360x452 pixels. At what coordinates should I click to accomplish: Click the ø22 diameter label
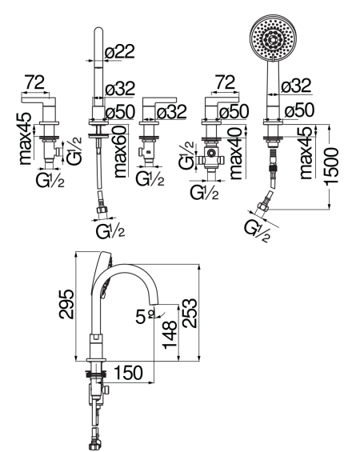coord(120,52)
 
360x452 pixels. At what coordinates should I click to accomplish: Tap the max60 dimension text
coord(120,152)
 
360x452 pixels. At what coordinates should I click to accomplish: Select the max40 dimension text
coord(237,154)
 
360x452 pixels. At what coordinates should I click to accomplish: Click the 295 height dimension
coord(66,304)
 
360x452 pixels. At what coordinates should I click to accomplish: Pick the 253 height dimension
coord(190,313)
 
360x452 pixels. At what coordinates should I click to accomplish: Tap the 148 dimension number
coord(170,334)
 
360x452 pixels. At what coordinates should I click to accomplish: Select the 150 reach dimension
coord(129,373)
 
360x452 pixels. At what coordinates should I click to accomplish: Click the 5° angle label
coord(145,317)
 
